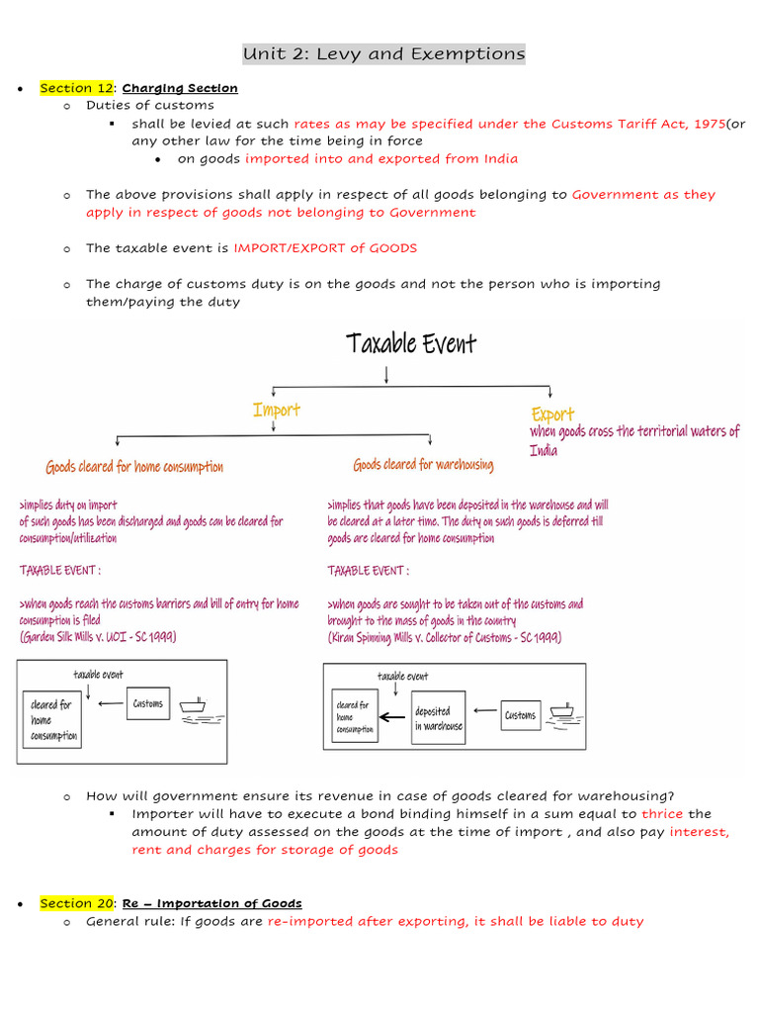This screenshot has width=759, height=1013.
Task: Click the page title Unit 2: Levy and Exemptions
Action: [384, 53]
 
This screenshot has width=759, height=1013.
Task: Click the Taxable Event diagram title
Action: [410, 343]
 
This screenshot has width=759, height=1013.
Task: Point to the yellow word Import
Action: [277, 409]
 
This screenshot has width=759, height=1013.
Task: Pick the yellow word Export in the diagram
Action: [551, 414]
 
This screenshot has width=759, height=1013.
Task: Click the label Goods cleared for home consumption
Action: [134, 467]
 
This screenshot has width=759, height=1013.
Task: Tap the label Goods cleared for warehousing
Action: [423, 464]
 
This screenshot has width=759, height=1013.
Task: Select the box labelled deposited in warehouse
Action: [438, 718]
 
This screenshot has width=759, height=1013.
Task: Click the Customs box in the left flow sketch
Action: [148, 704]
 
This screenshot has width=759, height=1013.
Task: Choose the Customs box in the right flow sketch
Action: [520, 714]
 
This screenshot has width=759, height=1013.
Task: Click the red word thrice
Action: [662, 814]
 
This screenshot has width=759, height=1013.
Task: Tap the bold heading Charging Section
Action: [180, 88]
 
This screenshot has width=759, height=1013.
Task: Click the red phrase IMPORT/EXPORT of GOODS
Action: [325, 248]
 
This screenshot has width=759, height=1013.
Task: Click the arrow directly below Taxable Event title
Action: [385, 372]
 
